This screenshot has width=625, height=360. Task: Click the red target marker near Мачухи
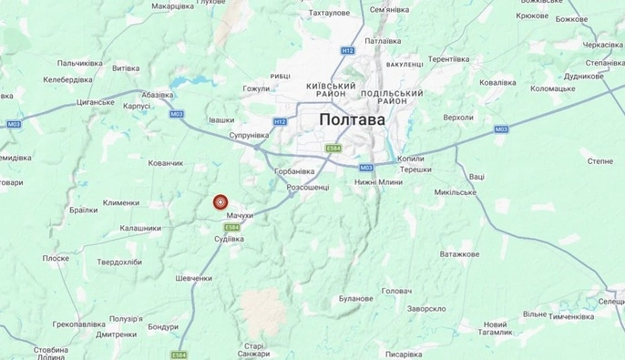pyautogui.click(x=220, y=202)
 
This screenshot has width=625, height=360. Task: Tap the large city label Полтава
pyautogui.click(x=352, y=119)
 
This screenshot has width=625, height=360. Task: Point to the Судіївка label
pyautogui.click(x=229, y=239)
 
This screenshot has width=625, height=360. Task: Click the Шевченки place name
pyautogui.click(x=194, y=278)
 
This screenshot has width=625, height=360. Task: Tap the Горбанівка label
pyautogui.click(x=294, y=170)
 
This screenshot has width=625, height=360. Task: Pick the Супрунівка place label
pyautogui.click(x=248, y=135)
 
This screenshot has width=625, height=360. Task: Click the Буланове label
pyautogui.click(x=355, y=298)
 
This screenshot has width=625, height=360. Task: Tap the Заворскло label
pyautogui.click(x=425, y=308)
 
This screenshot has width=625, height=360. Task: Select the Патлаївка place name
pyautogui.click(x=383, y=41)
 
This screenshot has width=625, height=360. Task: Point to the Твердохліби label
pyautogui.click(x=120, y=262)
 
